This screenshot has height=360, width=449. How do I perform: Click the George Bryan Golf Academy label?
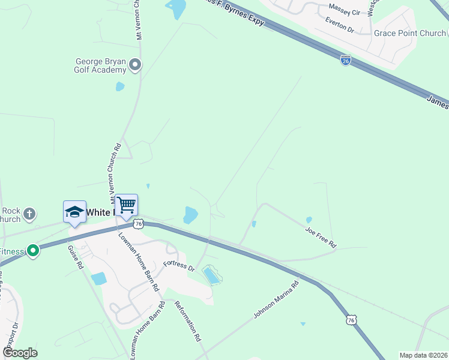click(x=100, y=65)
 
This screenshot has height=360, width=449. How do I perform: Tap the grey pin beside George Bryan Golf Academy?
click(x=136, y=64)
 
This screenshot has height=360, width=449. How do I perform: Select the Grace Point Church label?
click(x=409, y=33)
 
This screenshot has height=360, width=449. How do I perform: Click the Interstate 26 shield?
click(x=345, y=61)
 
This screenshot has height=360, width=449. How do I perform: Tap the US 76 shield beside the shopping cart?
click(x=139, y=223)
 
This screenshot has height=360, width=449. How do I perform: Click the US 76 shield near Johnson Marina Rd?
click(x=352, y=320)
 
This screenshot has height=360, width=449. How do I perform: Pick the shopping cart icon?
click(x=126, y=205)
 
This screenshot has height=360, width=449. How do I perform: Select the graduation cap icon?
click(x=74, y=212)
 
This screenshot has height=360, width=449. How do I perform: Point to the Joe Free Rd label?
click(x=321, y=237)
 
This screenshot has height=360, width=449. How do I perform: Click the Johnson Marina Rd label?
click(x=276, y=300)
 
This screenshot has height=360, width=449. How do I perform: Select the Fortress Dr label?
click(x=179, y=265)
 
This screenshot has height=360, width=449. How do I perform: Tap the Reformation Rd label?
click(x=188, y=320)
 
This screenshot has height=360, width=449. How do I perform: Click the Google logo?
click(x=20, y=353)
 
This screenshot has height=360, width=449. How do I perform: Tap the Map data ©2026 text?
click(x=423, y=355)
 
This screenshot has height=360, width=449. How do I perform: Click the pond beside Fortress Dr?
click(x=211, y=275)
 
